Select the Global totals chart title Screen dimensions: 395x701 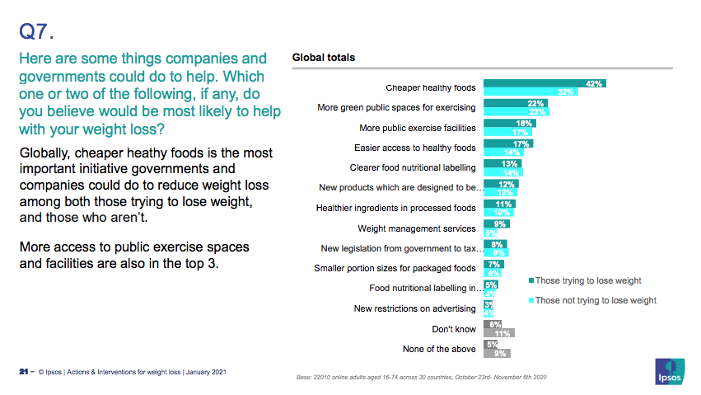point(324,58)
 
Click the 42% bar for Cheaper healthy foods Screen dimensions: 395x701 point(544,83)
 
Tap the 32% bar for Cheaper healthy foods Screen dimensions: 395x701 point(528,92)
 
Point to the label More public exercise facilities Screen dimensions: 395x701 point(418,128)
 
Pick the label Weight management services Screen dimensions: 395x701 point(416,228)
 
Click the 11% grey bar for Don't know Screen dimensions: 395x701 point(498,333)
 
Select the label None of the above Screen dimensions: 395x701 point(439,349)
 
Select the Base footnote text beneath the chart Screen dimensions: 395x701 point(421,378)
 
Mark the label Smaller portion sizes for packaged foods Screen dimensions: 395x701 point(395,268)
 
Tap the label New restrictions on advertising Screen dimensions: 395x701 point(414,308)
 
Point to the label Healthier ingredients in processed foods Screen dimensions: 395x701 point(396,208)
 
